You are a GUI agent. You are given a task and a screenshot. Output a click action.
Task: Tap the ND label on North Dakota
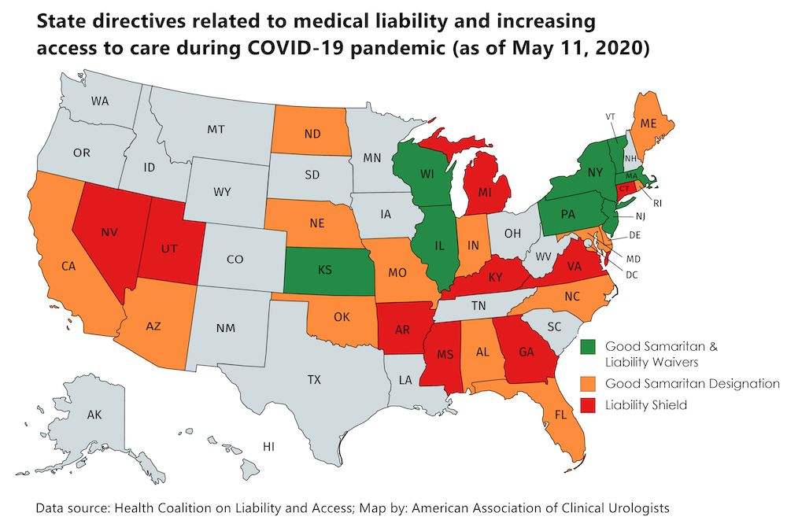(312, 134)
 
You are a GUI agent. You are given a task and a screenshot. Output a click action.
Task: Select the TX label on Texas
(314, 380)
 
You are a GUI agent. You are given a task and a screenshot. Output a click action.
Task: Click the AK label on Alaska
(94, 415)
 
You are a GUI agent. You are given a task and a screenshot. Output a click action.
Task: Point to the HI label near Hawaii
(268, 446)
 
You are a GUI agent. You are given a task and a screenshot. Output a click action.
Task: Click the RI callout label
(658, 203)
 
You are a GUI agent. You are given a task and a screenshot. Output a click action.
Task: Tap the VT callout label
(610, 116)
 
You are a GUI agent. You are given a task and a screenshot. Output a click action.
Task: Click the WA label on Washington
(99, 101)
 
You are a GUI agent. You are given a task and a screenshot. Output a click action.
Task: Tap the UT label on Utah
(168, 248)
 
